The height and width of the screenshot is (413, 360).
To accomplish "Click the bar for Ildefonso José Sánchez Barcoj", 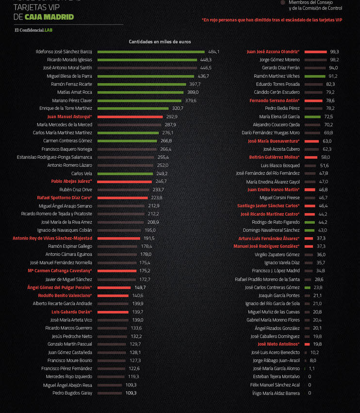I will click(x=151, y=52).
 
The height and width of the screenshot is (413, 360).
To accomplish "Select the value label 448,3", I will click(x=206, y=60).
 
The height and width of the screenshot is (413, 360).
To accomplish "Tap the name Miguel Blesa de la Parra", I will click(x=69, y=76).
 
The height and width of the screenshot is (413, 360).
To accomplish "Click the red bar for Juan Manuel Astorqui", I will click(x=130, y=117).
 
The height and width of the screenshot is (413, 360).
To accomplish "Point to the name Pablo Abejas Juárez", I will click(x=71, y=181).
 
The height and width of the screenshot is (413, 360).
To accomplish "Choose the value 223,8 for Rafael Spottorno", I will click(x=157, y=198).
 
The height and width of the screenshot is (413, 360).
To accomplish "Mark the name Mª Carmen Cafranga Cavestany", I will click(x=60, y=271).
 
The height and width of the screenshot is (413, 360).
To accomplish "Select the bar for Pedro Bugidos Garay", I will click(x=110, y=393).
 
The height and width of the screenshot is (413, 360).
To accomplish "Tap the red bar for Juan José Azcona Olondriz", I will click(x=316, y=52).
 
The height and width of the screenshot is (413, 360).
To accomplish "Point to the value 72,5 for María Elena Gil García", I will click(x=328, y=117).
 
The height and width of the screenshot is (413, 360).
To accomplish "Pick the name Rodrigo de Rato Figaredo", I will click(x=275, y=222).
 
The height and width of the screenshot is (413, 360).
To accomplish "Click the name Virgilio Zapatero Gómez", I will click(x=277, y=255).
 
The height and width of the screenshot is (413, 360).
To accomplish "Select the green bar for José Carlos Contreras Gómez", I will click(x=308, y=287).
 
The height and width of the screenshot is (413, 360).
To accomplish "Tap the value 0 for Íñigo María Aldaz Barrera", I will click(x=310, y=393).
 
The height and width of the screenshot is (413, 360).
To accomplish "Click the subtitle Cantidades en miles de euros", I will click(x=160, y=42).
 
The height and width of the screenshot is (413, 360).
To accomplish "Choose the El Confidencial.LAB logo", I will click(x=33, y=30).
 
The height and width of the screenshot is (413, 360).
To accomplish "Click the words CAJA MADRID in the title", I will click(x=49, y=17).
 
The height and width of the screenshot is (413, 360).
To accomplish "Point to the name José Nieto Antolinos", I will click(x=278, y=344).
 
